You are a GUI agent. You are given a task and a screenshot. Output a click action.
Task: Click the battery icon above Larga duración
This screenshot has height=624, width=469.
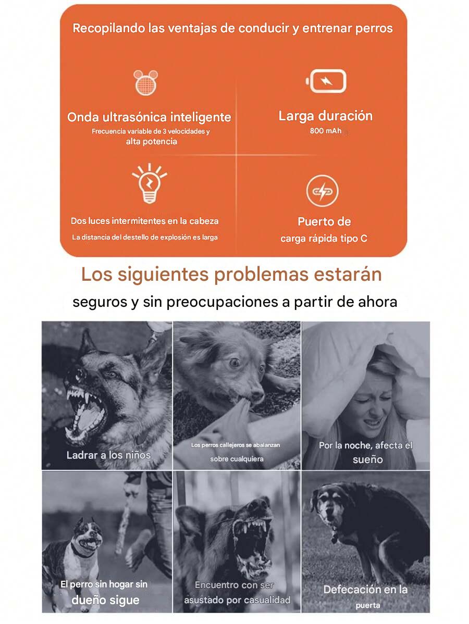326,81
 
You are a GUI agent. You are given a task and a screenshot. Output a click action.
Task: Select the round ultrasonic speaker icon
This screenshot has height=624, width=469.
145,82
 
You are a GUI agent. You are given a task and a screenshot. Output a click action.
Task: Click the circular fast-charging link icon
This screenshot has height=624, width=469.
322,191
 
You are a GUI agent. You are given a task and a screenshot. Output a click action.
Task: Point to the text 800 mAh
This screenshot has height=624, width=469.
326,131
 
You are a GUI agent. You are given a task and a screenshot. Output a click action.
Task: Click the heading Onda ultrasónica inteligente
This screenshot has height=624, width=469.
149,117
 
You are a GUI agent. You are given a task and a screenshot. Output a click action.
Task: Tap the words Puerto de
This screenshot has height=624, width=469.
324,222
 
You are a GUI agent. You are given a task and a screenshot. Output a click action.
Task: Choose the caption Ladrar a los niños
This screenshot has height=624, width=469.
109,455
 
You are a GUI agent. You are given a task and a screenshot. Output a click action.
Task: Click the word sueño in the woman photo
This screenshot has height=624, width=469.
367,459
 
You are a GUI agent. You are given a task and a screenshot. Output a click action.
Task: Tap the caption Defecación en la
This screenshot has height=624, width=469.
365,590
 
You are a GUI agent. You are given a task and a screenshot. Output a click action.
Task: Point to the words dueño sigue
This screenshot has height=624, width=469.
105,600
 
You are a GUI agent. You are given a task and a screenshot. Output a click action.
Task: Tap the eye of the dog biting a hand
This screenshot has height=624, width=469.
236,363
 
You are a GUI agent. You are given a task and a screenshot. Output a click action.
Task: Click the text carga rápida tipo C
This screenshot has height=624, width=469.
324,239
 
